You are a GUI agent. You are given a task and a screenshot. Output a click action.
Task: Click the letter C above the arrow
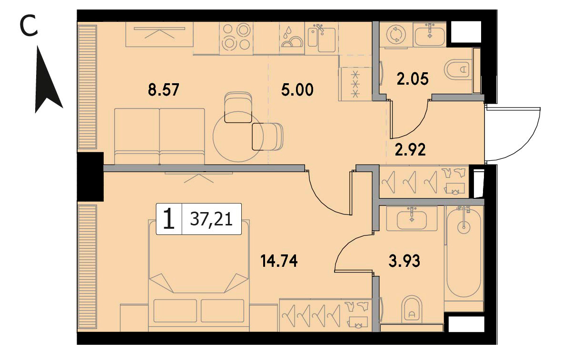(x=29, y=27)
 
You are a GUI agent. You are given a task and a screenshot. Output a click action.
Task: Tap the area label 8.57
(x=163, y=89)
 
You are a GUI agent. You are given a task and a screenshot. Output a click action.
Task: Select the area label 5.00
(x=297, y=89)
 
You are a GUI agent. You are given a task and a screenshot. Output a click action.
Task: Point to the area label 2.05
(x=413, y=79)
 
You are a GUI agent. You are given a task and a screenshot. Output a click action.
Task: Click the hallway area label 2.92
(x=410, y=149)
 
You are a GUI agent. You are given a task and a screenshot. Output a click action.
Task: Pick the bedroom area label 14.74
(x=279, y=261)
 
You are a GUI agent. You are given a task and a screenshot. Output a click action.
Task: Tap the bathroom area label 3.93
(x=404, y=261)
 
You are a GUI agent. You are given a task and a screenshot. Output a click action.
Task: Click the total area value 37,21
(x=211, y=219)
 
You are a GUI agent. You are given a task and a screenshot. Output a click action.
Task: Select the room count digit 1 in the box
(x=168, y=219)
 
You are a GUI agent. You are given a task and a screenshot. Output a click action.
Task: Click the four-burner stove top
(x=236, y=37)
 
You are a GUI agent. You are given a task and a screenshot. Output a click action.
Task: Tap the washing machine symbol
(x=396, y=34)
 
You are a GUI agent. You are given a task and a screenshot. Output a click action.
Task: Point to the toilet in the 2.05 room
(x=457, y=68)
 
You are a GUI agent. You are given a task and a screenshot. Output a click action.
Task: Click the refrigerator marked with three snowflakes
(x=355, y=84)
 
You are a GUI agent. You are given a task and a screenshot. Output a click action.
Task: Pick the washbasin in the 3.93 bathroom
(x=412, y=218)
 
